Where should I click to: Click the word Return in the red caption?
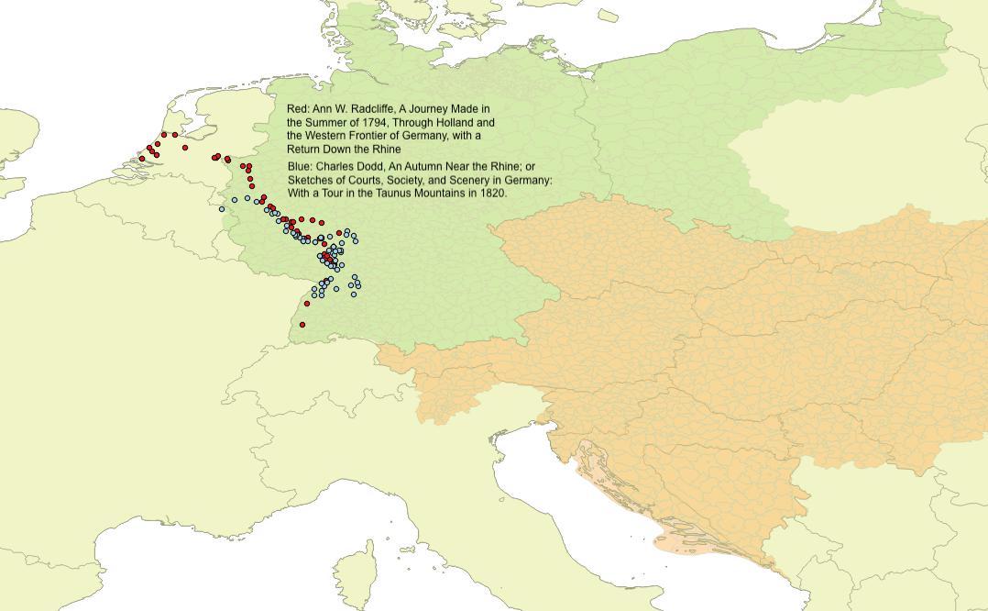click(304, 149)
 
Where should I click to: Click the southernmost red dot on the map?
click(302, 325)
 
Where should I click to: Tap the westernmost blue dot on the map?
click(222, 209)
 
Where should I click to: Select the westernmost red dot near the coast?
click(142, 159)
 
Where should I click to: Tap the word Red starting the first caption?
click(298, 109)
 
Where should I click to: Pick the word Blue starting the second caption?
click(300, 167)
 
